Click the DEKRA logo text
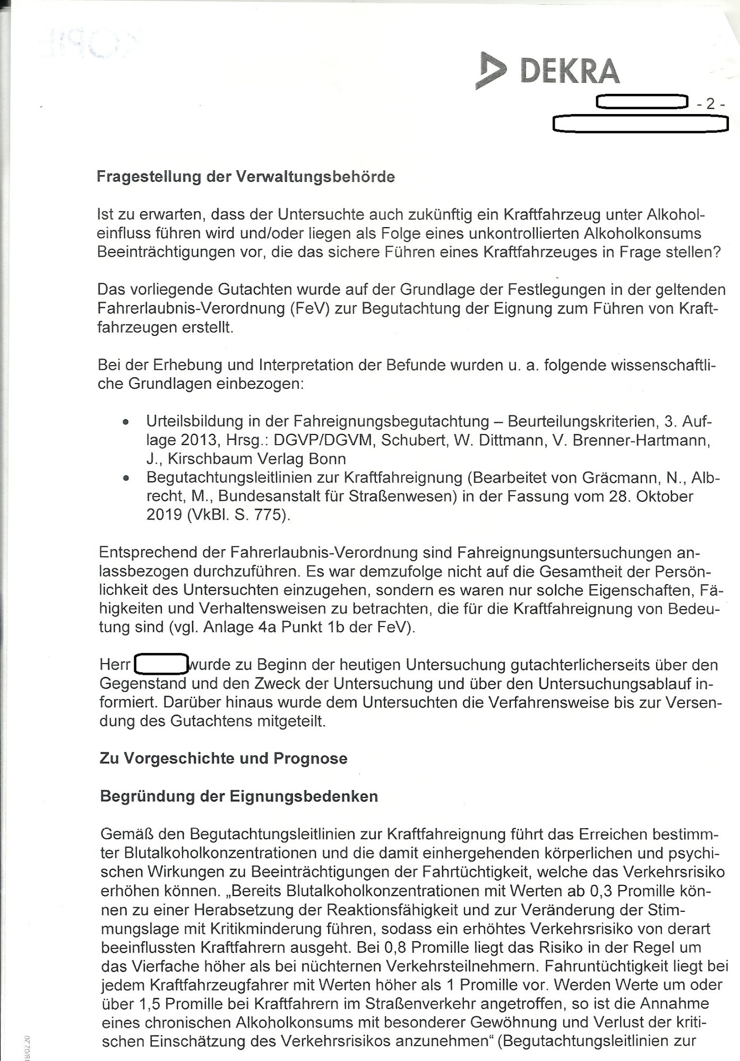pos(570,71)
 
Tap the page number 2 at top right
pos(710,105)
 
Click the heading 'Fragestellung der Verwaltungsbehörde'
pos(246,177)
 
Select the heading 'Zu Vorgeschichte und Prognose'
pos(223,758)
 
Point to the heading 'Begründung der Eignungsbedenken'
pos(239,796)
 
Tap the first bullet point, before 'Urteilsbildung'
pos(125,423)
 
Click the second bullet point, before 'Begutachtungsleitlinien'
pos(125,479)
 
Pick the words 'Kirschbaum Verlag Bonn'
pos(256,459)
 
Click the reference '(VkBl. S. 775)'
pos(237,515)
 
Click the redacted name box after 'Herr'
pos(161,664)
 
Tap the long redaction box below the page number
pos(640,124)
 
